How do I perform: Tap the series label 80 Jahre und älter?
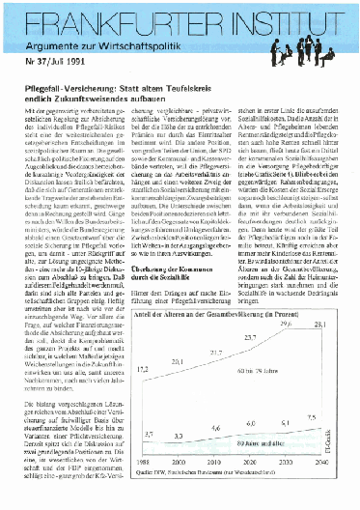point(259,443)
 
